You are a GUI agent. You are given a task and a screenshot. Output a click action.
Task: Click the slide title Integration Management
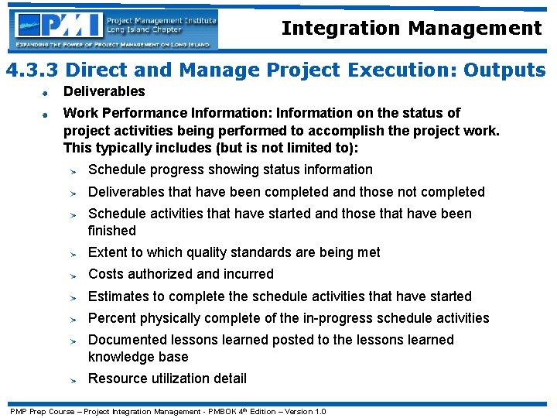[412, 29]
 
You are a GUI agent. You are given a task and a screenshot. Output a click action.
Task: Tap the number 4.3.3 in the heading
[36, 70]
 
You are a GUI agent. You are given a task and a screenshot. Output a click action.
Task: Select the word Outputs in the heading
[504, 70]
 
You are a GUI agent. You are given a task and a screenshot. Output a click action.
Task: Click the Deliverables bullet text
[104, 91]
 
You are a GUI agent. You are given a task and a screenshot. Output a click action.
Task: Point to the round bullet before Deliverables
[46, 93]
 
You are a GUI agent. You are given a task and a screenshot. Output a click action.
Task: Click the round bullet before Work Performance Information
[46, 114]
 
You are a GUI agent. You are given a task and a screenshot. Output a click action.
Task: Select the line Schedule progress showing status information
[230, 170]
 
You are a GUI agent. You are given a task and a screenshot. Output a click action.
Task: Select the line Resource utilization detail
[167, 379]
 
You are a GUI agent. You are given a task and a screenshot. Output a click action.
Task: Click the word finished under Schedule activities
[111, 231]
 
